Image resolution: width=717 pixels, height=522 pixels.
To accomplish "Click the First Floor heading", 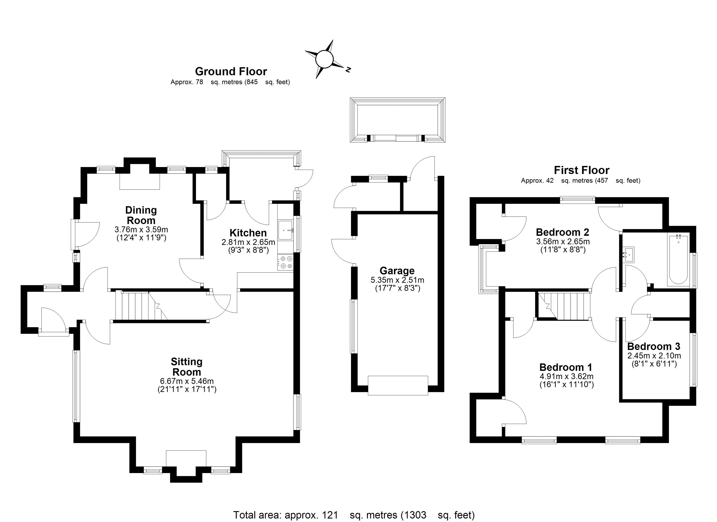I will [581, 170].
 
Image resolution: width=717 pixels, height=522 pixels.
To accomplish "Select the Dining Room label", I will [141, 215].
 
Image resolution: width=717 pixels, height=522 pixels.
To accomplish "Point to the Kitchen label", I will [248, 233].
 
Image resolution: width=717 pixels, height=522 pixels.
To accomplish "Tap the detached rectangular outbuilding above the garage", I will [397, 120].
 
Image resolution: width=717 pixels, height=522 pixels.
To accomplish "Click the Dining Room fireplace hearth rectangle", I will [139, 182].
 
